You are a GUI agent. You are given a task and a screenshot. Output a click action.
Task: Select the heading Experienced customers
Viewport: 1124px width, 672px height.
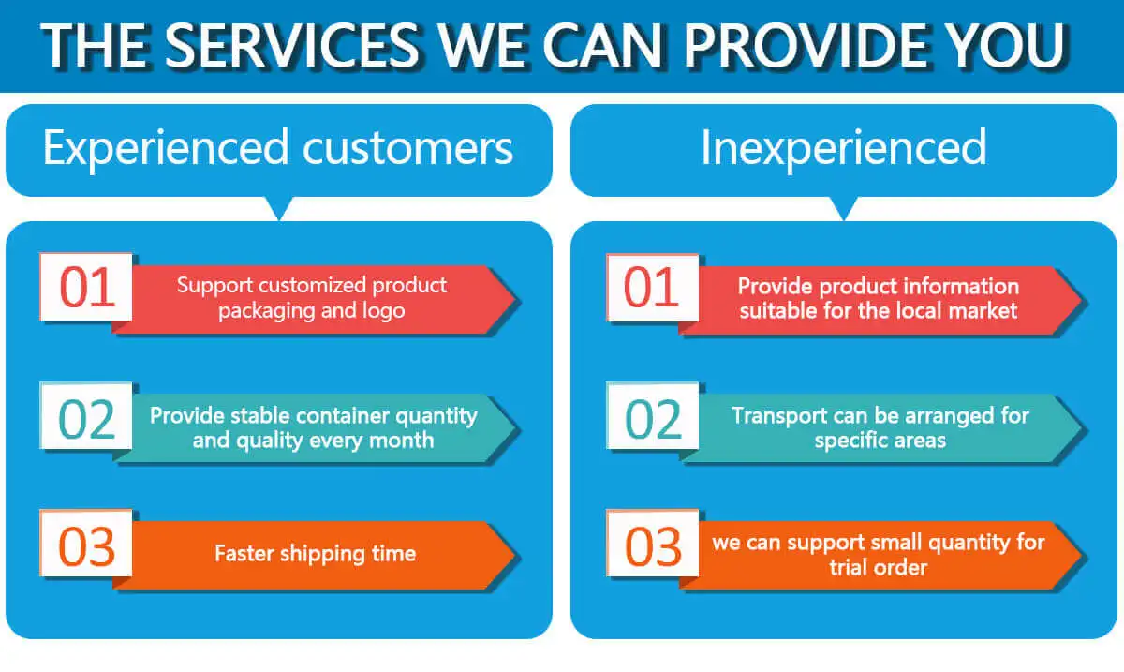[x=278, y=148]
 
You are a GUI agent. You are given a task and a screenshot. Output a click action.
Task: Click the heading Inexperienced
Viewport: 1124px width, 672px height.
[x=843, y=148]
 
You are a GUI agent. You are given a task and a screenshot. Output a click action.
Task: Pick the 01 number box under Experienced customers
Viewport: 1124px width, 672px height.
[x=86, y=288]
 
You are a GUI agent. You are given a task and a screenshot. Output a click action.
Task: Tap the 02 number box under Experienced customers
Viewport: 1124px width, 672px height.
[x=86, y=419]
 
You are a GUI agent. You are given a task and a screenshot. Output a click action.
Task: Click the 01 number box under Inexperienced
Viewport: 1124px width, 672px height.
[x=652, y=288]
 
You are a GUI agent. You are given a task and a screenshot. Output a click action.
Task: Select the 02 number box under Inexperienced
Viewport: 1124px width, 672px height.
[x=652, y=419]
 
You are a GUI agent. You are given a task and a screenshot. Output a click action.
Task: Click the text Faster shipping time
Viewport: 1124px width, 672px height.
[x=315, y=553]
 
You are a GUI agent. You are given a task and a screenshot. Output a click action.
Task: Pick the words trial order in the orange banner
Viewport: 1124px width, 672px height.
[x=878, y=567]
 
